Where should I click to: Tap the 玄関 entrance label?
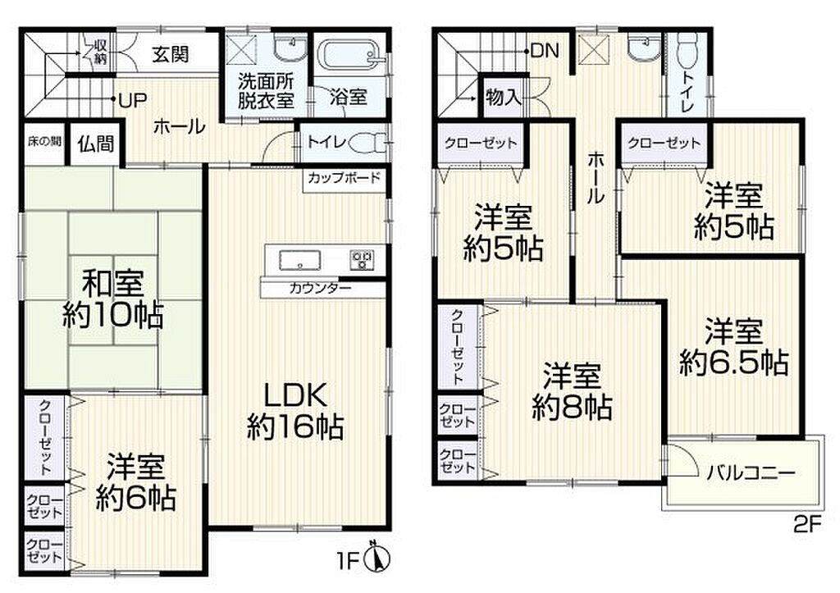[171, 53]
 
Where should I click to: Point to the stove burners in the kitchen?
[362, 259]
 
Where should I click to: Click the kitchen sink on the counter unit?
[300, 260]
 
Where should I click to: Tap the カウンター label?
[320, 289]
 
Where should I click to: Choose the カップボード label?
[344, 177]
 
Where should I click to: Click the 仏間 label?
[96, 143]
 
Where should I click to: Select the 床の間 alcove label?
[44, 141]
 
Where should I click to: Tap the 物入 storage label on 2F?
[503, 97]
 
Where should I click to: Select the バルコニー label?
[750, 473]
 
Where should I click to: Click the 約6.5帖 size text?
[734, 363]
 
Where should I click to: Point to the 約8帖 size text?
[572, 407]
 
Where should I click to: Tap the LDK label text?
[294, 396]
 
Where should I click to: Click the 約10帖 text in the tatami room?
[113, 315]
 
